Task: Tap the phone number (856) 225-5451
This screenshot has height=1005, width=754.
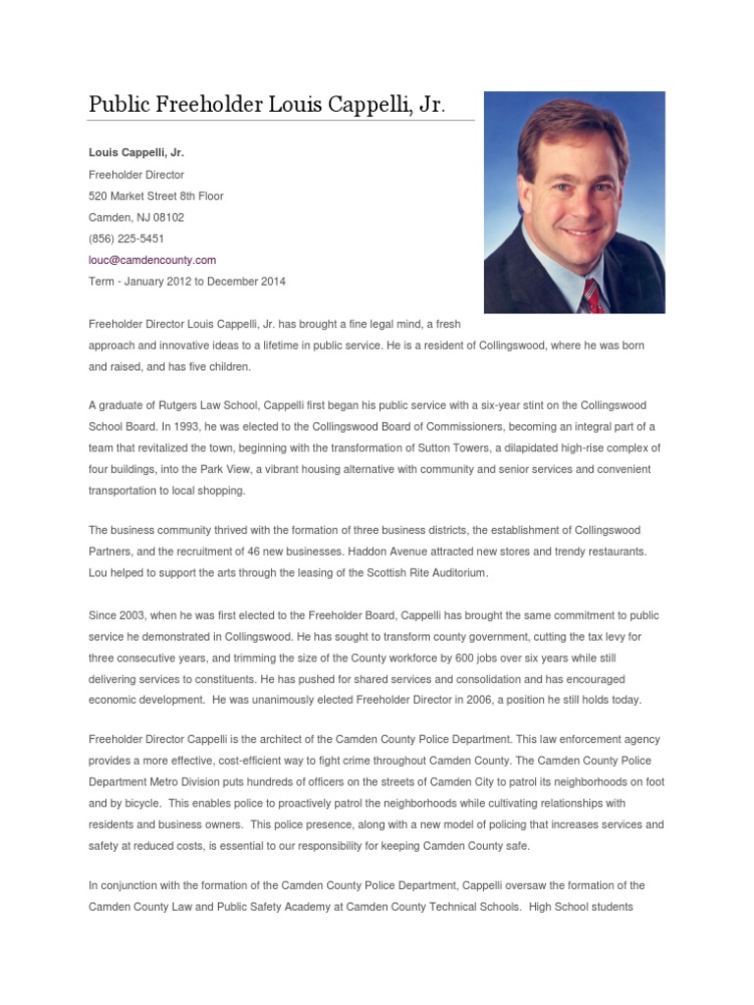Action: (x=126, y=238)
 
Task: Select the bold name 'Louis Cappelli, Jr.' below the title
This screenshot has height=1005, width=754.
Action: (x=136, y=153)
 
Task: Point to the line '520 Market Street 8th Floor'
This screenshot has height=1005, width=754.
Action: (x=156, y=196)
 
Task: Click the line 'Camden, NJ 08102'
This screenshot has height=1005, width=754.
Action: (x=135, y=218)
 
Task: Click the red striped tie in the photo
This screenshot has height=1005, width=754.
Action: (x=592, y=293)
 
